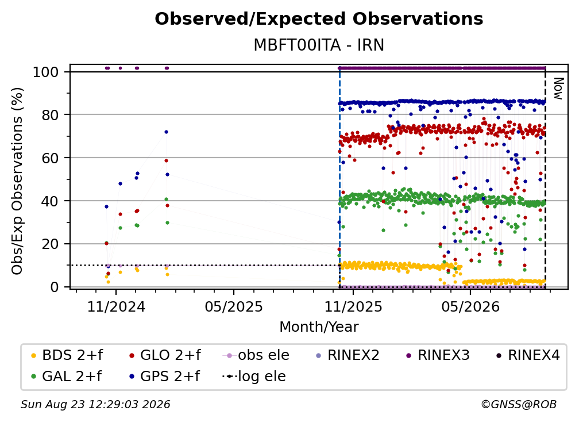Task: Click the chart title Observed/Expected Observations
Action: [319, 19]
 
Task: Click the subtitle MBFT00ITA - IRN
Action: [319, 45]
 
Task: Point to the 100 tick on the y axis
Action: [46, 72]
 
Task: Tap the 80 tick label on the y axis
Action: [50, 115]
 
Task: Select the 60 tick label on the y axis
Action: [50, 158]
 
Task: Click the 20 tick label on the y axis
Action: [50, 244]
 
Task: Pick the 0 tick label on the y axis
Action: [55, 287]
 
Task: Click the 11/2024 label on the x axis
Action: [116, 306]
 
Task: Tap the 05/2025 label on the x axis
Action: [234, 306]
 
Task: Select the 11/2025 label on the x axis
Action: [353, 306]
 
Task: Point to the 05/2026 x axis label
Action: [470, 306]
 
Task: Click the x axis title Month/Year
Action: [319, 327]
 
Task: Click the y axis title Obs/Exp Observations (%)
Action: [17, 181]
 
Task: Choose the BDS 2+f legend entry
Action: [67, 355]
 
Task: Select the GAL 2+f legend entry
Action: [66, 377]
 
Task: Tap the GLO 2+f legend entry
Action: [165, 355]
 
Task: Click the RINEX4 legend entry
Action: [528, 355]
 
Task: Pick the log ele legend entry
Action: [254, 377]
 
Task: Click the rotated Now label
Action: [558, 89]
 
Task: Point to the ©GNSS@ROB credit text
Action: [519, 405]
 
